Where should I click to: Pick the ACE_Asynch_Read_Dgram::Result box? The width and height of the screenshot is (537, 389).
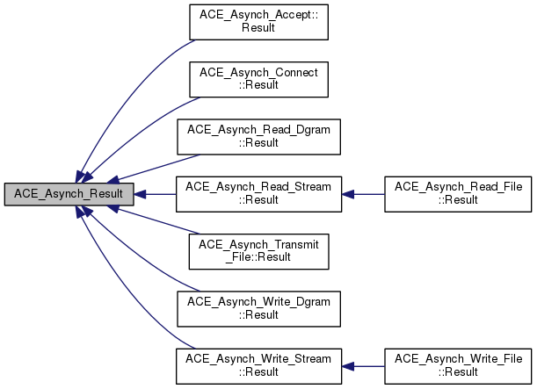[258, 135]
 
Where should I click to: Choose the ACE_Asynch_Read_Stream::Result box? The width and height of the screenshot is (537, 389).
[258, 192]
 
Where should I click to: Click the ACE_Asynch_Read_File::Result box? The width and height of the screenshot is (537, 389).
[458, 192]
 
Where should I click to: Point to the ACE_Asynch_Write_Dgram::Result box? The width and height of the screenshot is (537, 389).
[258, 306]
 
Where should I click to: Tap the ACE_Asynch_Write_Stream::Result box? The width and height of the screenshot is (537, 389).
[258, 364]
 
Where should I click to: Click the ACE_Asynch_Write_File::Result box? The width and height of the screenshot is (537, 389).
[458, 364]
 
